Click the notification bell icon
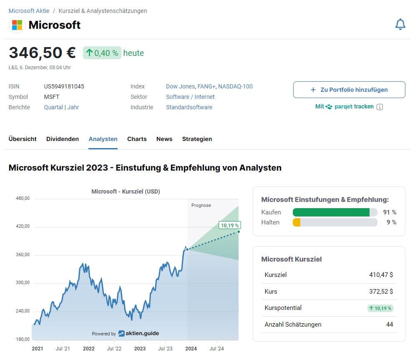400,25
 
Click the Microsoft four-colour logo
17,25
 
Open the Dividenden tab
63,139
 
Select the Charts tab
137,139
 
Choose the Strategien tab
197,139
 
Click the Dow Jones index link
180,86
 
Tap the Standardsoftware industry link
189,107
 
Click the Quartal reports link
53,107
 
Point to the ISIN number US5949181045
64,86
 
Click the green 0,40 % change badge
102,53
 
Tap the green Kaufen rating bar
331,212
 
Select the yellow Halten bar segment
297,222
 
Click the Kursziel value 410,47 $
381,275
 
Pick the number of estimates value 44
390,324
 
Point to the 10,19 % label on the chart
229,225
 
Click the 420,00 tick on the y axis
23,227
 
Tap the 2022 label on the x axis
88,349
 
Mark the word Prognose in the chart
201,205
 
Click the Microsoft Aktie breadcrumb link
29,11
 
